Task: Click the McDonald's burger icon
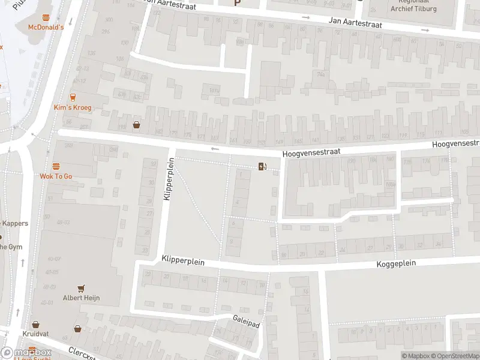tap(46, 17)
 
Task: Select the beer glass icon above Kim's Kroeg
tap(73, 97)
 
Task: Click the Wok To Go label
tap(56, 176)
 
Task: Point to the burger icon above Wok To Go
tap(56, 166)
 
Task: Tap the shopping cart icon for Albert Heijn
tap(81, 289)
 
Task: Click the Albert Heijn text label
tap(81, 298)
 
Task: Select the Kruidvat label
tap(36, 334)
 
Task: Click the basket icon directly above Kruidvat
tap(36, 324)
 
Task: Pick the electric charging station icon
tap(262, 166)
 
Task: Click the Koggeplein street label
tap(395, 263)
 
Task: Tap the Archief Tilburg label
tap(413, 8)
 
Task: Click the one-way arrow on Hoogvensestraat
tap(215, 149)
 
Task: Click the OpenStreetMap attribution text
tap(453, 356)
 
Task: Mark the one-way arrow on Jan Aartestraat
tap(305, 17)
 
